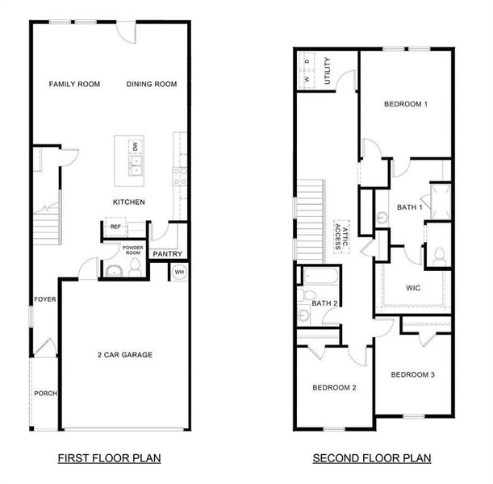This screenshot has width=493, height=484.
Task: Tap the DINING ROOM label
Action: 152,84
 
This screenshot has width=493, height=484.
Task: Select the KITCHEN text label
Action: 128,202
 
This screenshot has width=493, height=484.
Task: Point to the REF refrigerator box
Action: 115,227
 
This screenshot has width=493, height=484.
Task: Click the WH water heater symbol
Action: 178,272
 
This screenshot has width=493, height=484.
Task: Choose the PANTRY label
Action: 167,254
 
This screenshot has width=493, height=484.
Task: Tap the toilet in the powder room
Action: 114,269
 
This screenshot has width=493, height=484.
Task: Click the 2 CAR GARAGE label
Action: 125,354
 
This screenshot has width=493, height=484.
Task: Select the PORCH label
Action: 45,394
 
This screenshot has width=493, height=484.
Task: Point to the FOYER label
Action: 44,299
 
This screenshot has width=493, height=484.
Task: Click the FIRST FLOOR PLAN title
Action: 109,458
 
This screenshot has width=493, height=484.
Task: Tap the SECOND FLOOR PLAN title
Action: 372,458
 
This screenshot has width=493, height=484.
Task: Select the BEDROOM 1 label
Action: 405,104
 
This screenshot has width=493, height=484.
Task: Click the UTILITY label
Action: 326,70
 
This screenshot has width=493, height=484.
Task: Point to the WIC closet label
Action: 413,287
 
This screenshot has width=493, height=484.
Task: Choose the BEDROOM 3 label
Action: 412,374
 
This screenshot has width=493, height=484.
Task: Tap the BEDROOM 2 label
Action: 335,388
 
